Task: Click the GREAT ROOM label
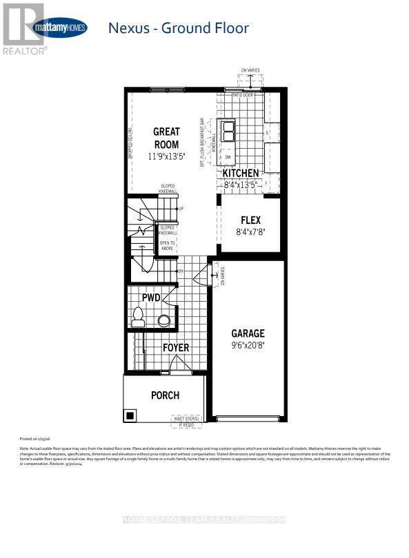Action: pyautogui.click(x=166, y=138)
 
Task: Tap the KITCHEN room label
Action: pyautogui.click(x=241, y=174)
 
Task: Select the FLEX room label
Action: pyautogui.click(x=250, y=220)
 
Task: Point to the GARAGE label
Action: pyautogui.click(x=248, y=333)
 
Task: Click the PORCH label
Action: pyautogui.click(x=165, y=395)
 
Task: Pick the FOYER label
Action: pyautogui.click(x=175, y=348)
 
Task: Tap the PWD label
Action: pyautogui.click(x=151, y=298)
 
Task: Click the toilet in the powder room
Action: pyautogui.click(x=138, y=318)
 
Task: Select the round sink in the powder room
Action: pyautogui.click(x=163, y=320)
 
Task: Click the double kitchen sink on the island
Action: pyautogui.click(x=228, y=130)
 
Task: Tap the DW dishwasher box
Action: pyautogui.click(x=228, y=157)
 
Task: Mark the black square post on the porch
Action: pyautogui.click(x=130, y=415)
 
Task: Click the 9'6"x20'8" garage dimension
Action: pyautogui.click(x=248, y=347)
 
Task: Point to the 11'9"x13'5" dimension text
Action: pyautogui.click(x=166, y=156)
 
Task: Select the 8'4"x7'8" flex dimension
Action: pyautogui.click(x=250, y=233)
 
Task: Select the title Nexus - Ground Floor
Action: pyautogui.click(x=178, y=28)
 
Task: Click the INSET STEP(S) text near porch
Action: pyautogui.click(x=186, y=418)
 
